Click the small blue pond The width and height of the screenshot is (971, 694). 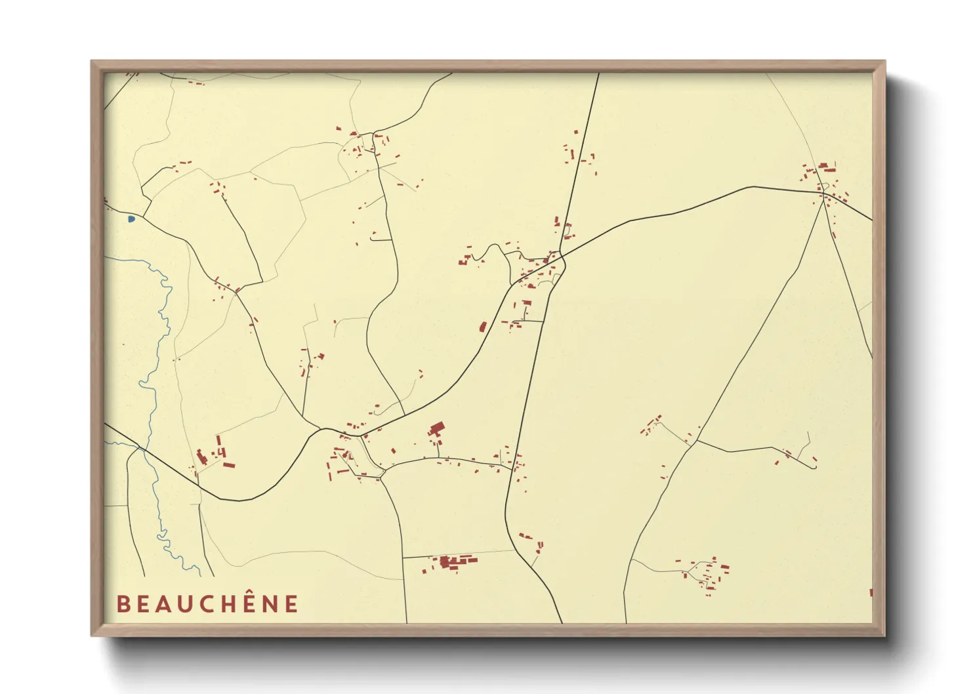(x=131, y=218)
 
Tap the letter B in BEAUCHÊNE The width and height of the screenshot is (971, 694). (x=123, y=603)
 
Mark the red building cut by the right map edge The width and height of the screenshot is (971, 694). (x=871, y=592)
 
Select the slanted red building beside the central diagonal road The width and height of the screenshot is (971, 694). (x=483, y=327)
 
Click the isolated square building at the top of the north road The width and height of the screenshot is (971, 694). (x=576, y=132)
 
